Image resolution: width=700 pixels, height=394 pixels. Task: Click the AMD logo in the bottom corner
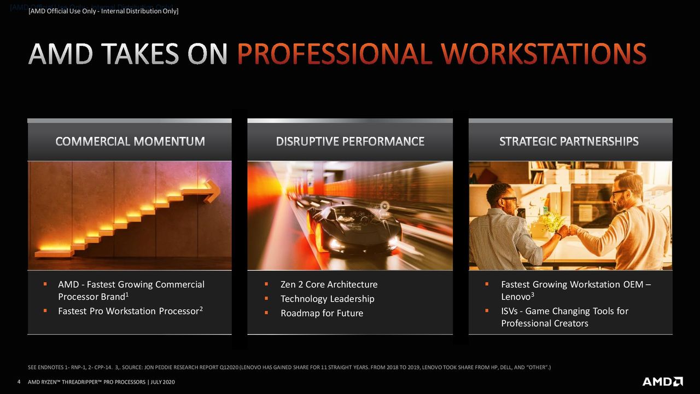(x=662, y=381)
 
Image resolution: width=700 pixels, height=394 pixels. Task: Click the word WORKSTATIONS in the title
(x=544, y=54)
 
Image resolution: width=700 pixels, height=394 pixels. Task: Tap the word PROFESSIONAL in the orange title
(x=335, y=54)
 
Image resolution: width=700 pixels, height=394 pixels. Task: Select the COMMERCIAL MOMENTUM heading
(x=130, y=141)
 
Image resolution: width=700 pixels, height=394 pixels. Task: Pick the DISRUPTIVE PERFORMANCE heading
(x=350, y=141)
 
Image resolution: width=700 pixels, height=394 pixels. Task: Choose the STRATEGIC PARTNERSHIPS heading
(x=569, y=141)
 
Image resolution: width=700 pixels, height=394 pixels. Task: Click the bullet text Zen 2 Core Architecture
(x=329, y=284)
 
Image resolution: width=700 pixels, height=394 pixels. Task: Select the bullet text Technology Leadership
(x=327, y=299)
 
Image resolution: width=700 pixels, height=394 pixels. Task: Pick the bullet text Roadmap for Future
(x=322, y=313)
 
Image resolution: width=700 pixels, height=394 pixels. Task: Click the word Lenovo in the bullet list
(x=516, y=297)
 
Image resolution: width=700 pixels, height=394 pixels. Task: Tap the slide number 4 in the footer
(x=19, y=382)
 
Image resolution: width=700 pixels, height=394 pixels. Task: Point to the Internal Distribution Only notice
(x=103, y=11)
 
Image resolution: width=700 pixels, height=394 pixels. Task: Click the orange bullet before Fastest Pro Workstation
(x=45, y=310)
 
